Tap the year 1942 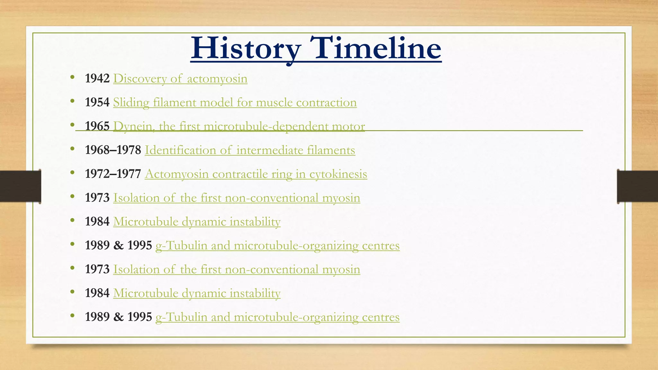pos(97,78)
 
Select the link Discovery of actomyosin pos(180,79)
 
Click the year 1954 pos(97,102)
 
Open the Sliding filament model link pos(235,102)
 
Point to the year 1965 pos(97,126)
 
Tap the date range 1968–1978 pos(113,150)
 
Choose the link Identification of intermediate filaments pos(250,150)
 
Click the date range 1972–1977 pos(113,174)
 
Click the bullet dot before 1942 pos(73,77)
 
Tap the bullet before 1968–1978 pos(73,149)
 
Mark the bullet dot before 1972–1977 pos(73,172)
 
